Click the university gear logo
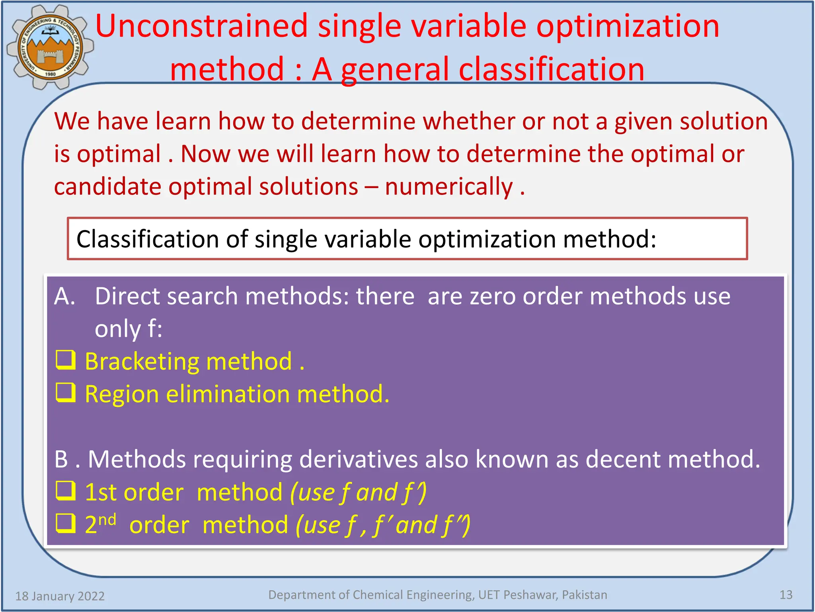pyautogui.click(x=50, y=47)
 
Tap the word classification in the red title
pyautogui.click(x=551, y=70)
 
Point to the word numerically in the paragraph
pyautogui.click(x=449, y=187)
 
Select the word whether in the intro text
pyautogui.click(x=468, y=122)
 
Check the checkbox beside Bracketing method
pyautogui.click(x=66, y=361)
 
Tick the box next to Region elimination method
pyautogui.click(x=66, y=393)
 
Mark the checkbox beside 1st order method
pyautogui.click(x=66, y=491)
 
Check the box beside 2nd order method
pyautogui.click(x=66, y=524)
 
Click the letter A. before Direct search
pyautogui.click(x=64, y=296)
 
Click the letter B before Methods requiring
pyautogui.click(x=61, y=459)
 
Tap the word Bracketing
pyautogui.click(x=142, y=361)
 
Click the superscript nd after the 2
pyautogui.click(x=107, y=520)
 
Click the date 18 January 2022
pyautogui.click(x=60, y=596)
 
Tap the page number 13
pyautogui.click(x=786, y=595)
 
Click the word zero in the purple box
pyautogui.click(x=493, y=296)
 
